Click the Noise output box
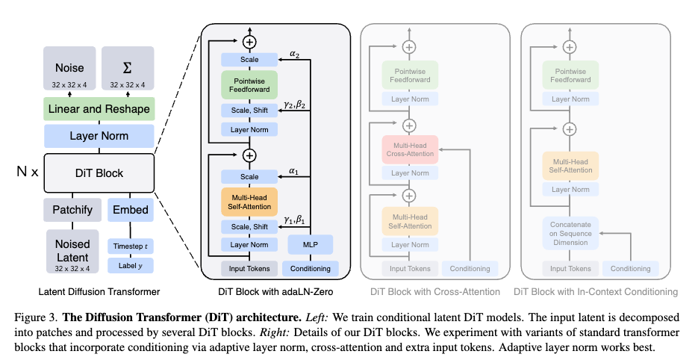click(69, 69)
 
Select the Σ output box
click(128, 69)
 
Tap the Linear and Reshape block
click(99, 109)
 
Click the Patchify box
click(72, 210)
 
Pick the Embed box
click(131, 210)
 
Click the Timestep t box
click(131, 246)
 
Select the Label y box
click(131, 266)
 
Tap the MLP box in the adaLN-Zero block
click(311, 244)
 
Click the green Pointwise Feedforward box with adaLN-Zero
click(249, 84)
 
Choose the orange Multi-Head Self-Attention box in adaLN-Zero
click(249, 201)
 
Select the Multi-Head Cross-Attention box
click(408, 149)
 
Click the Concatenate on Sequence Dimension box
click(569, 232)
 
